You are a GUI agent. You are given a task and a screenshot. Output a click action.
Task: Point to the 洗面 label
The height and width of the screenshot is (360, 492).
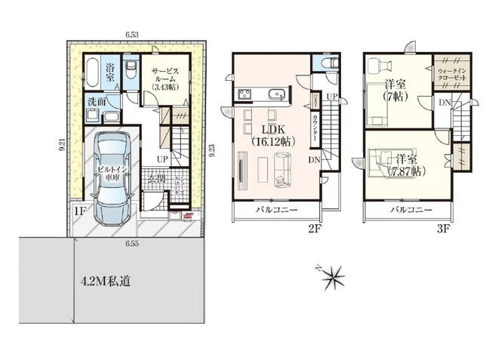[95, 100]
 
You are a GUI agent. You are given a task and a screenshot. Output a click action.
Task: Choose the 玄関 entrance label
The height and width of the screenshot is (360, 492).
[156, 180]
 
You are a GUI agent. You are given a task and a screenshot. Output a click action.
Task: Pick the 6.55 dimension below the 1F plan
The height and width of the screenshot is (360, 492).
[133, 244]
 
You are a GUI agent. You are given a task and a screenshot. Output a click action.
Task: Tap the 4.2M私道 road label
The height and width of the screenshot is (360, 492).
[106, 282]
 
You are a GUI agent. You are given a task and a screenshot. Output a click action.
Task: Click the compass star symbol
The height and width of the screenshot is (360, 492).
[331, 277]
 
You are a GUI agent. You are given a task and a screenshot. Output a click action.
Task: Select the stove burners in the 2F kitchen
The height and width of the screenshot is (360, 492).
[246, 94]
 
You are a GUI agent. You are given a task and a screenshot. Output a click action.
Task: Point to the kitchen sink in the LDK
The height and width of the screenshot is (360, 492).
[277, 94]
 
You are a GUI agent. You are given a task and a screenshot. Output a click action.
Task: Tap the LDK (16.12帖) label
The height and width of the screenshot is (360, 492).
[271, 134]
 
